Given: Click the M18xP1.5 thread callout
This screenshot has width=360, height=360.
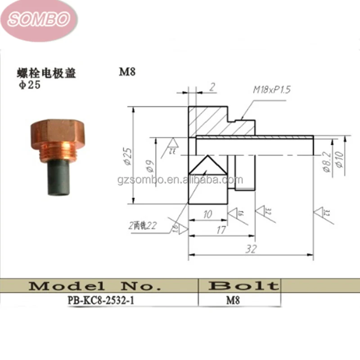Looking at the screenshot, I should (271, 90).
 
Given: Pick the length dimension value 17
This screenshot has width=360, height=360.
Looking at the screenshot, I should (220, 229).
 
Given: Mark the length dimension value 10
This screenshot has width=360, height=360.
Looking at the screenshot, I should (207, 215).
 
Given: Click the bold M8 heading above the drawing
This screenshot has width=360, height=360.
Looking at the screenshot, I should (127, 72).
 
